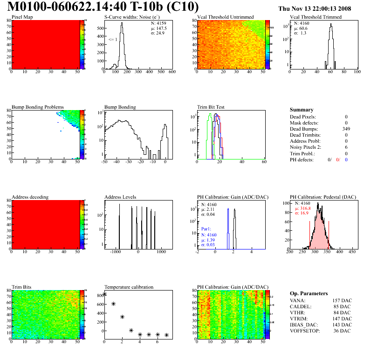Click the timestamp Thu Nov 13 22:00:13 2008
321,8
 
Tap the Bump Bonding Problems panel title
38,107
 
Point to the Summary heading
302,110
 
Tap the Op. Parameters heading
309,293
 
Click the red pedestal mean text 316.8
305,208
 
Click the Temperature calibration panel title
129,287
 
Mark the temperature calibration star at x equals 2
122,317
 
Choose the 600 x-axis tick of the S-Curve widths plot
172,72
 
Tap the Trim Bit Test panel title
211,107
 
